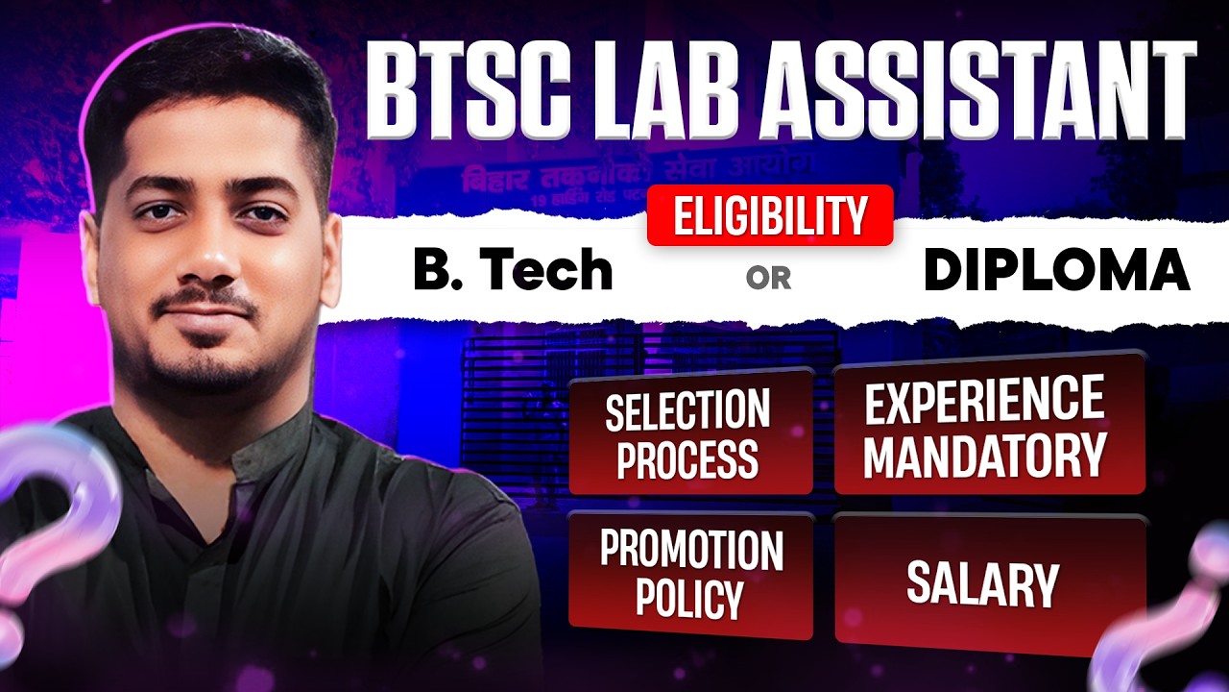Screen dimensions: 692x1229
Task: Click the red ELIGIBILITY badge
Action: (770, 215)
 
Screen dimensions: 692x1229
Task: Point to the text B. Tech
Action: (512, 271)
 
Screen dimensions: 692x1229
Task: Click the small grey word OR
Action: (768, 278)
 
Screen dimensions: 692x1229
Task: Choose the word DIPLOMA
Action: (1056, 272)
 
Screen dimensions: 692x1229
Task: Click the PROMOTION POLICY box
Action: (690, 574)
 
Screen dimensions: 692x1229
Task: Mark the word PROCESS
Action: (687, 458)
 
